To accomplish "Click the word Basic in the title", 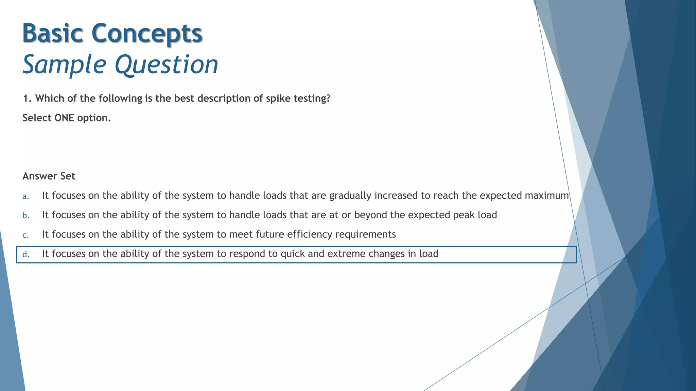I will [53, 33].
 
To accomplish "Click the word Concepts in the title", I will [147, 33].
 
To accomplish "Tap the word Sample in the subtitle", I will [65, 64].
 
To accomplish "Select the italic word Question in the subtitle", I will [167, 64].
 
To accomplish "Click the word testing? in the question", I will [312, 98].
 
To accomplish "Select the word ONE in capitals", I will [64, 118].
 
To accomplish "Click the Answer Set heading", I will [49, 176].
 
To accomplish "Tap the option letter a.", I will [25, 196].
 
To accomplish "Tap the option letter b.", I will [25, 216].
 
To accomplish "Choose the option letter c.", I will [25, 235].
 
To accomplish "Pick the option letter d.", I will [25, 254].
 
